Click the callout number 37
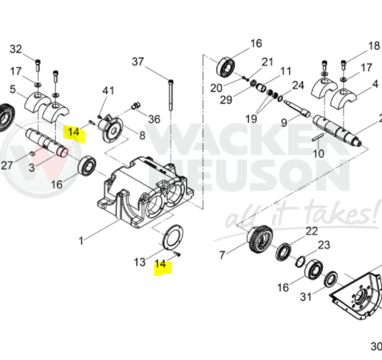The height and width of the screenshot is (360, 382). (x=138, y=62)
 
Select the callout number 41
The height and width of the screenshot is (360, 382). (x=109, y=91)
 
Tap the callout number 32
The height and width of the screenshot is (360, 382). (x=16, y=49)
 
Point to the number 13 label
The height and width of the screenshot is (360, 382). (x=139, y=262)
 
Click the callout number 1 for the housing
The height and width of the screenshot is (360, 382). (x=81, y=241)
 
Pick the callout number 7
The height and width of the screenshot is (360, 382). (x=222, y=254)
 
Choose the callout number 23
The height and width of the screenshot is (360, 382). (x=324, y=245)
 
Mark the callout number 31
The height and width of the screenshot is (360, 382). (x=305, y=297)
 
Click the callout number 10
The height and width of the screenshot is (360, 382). (x=319, y=154)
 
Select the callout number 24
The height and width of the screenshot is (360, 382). (x=298, y=86)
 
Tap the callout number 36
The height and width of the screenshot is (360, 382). (x=154, y=119)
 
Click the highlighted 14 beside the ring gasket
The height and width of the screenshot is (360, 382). (x=160, y=264)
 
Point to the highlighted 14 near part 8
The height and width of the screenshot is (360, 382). (x=74, y=132)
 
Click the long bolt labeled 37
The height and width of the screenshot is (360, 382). (x=171, y=95)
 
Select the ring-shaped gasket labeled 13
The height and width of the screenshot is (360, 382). (x=173, y=237)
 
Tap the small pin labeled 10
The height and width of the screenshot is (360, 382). (x=318, y=137)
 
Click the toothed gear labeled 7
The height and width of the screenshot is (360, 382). (x=260, y=240)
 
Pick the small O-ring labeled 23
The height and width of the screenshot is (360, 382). (x=300, y=262)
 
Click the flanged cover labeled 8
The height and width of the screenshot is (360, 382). (x=111, y=129)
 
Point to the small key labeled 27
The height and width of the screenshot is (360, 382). (x=32, y=153)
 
